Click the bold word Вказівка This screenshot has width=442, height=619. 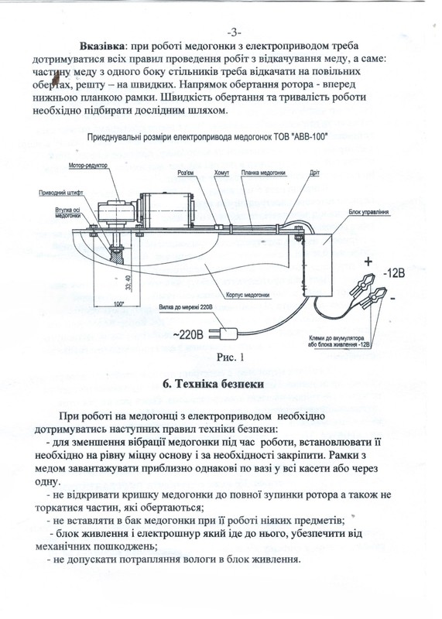tap(102, 46)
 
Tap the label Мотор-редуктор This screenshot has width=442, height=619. tap(87, 166)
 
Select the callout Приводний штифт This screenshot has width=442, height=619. tap(61, 193)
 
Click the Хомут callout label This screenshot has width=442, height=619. tap(221, 173)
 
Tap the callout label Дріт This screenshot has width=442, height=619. tap(315, 173)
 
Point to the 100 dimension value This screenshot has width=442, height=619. tap(118, 304)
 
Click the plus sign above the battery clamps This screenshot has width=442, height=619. tap(368, 261)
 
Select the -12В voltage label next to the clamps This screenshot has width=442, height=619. tap(393, 273)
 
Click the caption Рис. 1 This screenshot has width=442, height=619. tap(230, 357)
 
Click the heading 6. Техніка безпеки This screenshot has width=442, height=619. tap(214, 384)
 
